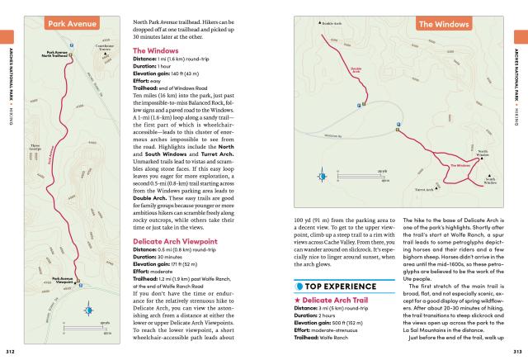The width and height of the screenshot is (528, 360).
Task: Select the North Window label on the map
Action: tap(483, 153)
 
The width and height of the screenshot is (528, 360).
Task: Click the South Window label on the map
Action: tap(490, 180)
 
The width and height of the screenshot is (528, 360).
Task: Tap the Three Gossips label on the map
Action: tap(35, 149)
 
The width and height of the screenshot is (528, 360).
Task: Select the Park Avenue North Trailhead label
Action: tap(57, 54)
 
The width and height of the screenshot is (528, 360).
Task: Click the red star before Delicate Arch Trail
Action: tap(297, 299)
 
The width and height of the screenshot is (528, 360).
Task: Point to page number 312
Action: tap(10, 352)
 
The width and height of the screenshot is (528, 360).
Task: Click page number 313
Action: tap(517, 352)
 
